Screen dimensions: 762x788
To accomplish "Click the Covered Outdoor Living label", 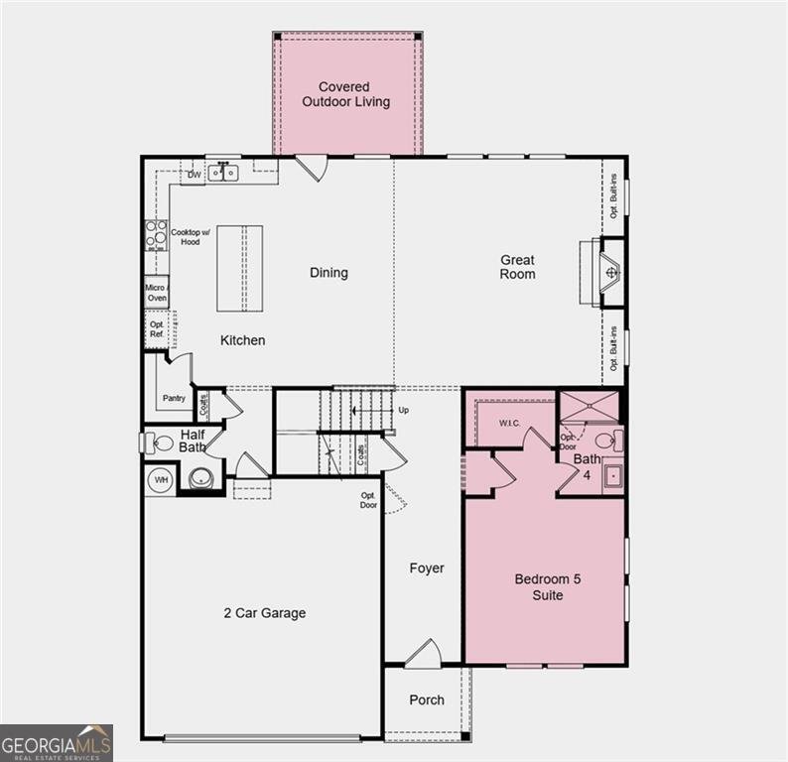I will coord(346,94).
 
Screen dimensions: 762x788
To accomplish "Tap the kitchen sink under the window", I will coord(223,174).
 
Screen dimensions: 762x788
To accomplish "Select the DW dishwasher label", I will coord(195,175).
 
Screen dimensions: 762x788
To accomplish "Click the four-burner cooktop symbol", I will coord(156,234).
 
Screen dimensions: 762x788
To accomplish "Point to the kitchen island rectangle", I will coord(239,268).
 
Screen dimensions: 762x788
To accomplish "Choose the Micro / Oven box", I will coord(156,292).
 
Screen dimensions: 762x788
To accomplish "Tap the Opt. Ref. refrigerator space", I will coord(157,329).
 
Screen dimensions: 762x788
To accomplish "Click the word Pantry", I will coord(174,399).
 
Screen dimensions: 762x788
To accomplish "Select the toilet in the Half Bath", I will coord(162,443).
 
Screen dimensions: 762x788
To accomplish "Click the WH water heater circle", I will coord(161,481).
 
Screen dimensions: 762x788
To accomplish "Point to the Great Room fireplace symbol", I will coord(611,271).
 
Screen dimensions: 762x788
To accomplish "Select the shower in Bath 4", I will coord(591,407).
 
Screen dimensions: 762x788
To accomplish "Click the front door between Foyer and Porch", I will coord(423,655).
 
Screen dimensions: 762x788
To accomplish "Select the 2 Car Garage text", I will coord(264,613).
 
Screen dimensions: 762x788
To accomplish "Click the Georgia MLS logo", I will coord(57,742).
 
